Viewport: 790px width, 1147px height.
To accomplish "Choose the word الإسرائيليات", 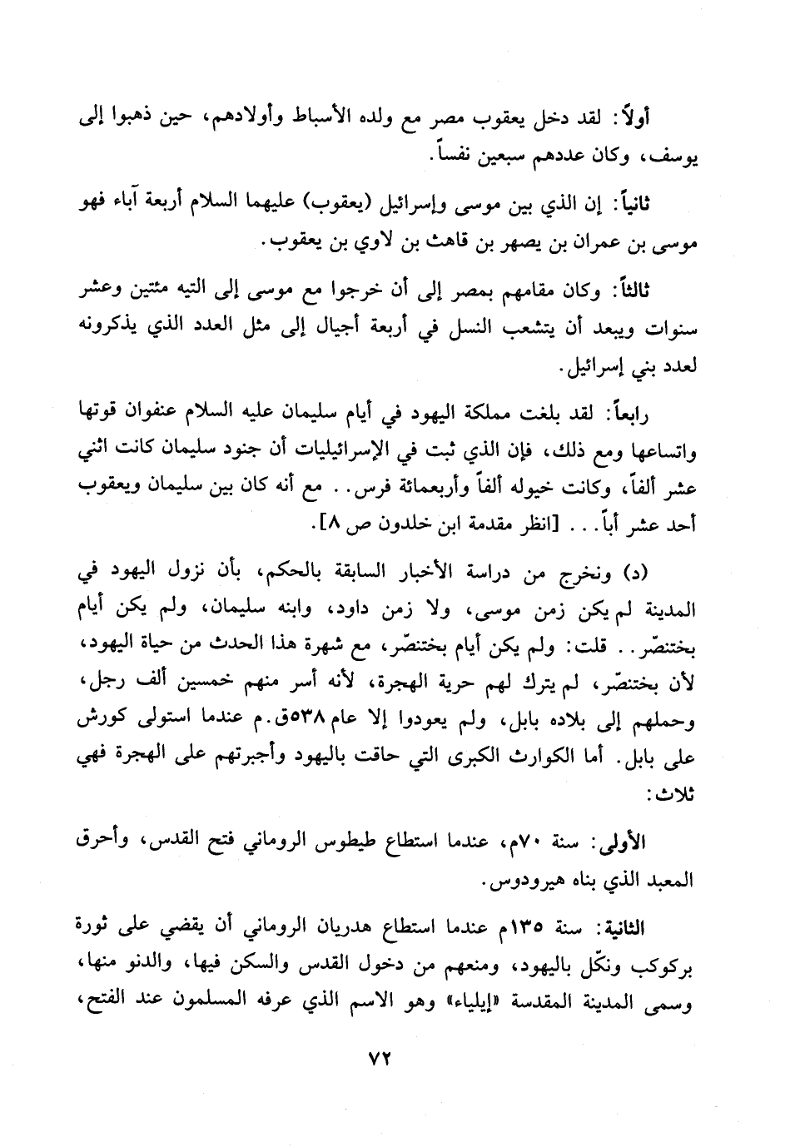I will (x=356, y=451).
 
